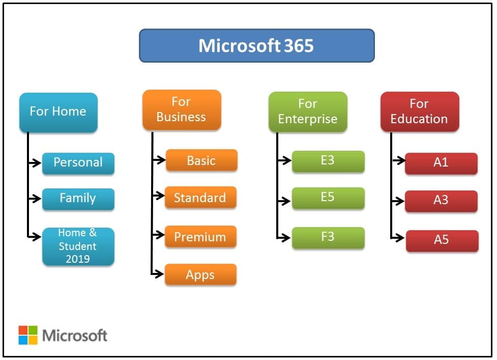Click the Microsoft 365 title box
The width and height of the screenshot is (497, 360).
[256, 46]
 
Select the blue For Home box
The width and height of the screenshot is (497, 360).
[58, 112]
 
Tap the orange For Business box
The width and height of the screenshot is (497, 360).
[182, 109]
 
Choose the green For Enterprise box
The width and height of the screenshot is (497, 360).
[308, 112]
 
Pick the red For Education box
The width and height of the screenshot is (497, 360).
[419, 112]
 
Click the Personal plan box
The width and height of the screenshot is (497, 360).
[78, 163]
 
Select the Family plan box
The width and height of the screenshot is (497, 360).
[78, 198]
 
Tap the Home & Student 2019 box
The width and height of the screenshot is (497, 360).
[78, 246]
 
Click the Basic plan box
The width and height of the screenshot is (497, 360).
[201, 160]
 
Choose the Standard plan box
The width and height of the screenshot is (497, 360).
[200, 198]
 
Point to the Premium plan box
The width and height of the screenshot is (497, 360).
[200, 237]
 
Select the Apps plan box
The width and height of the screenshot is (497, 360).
[200, 274]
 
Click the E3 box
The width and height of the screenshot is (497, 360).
[328, 160]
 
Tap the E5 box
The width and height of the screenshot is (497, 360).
[328, 198]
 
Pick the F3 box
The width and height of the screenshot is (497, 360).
[328, 237]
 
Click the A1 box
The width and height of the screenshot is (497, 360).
[441, 163]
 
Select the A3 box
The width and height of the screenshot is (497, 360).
[441, 201]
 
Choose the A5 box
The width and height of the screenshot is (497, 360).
[442, 240]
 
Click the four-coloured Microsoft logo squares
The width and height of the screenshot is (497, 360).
[28, 335]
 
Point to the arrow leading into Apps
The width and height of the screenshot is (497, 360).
[158, 274]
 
